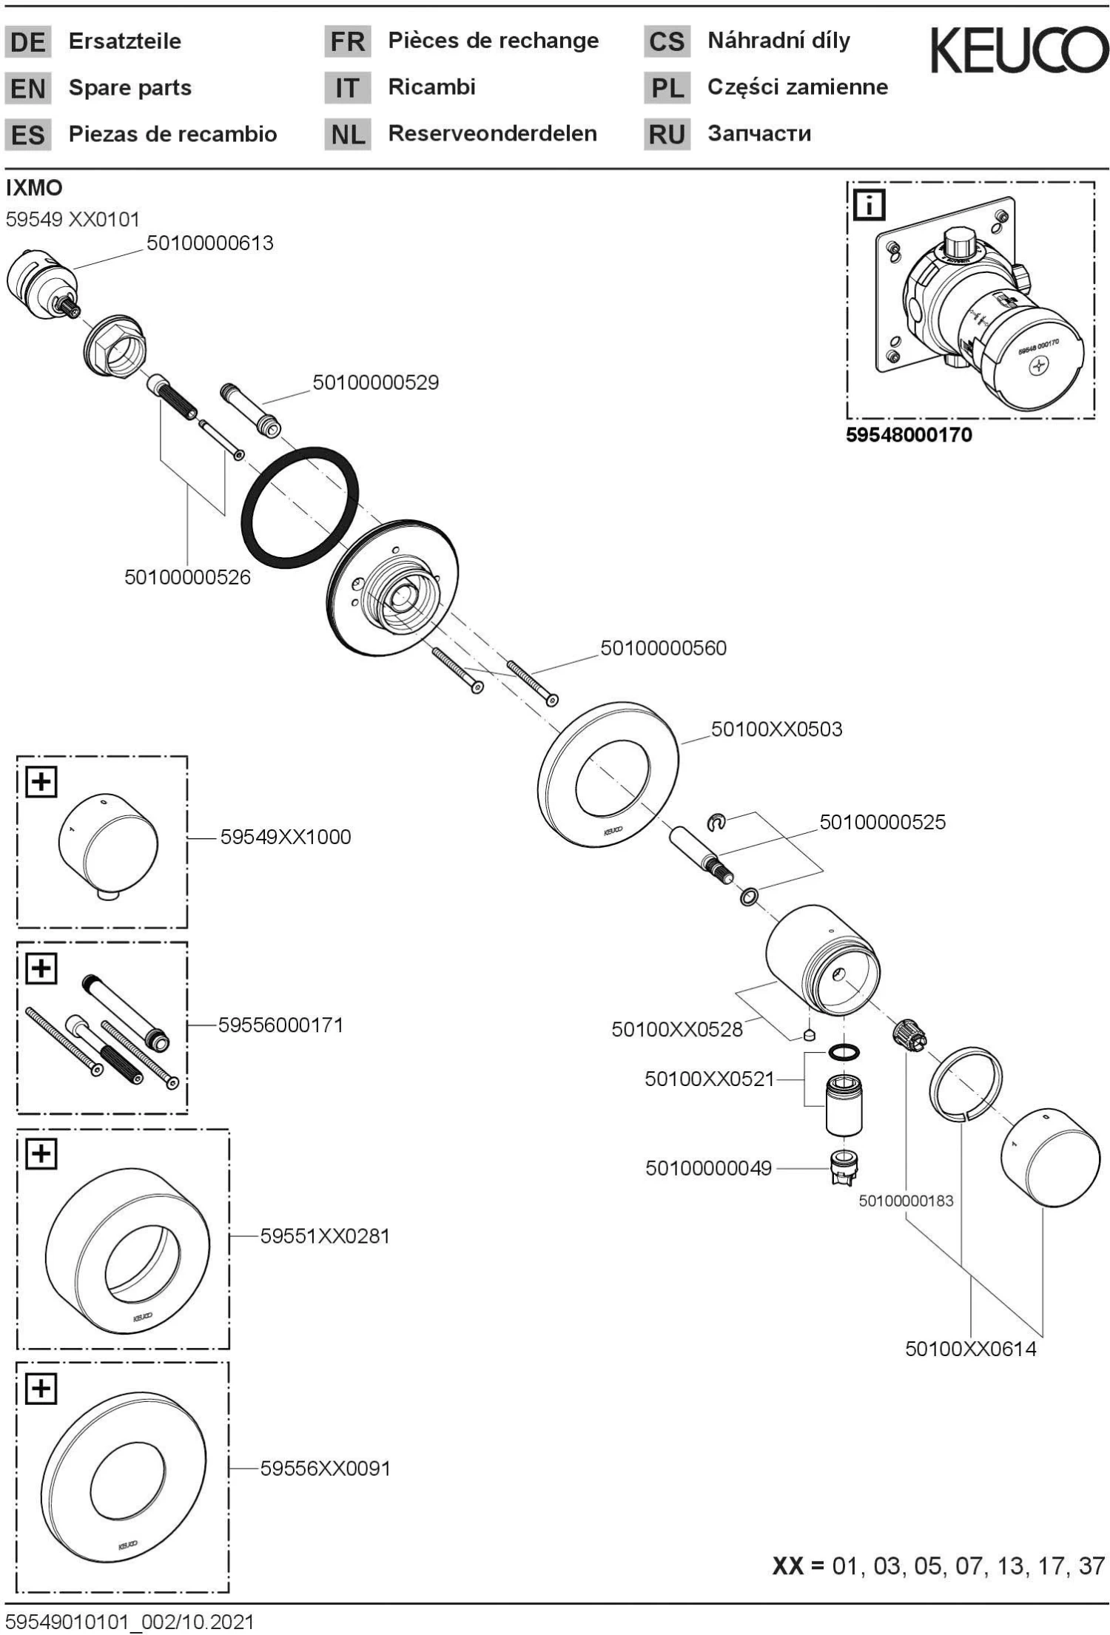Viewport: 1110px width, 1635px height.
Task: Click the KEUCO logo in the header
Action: pos(1019,50)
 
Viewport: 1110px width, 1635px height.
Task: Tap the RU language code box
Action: pos(666,135)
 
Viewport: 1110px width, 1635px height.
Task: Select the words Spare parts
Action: pos(129,88)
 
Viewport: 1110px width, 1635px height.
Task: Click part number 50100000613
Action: pos(209,243)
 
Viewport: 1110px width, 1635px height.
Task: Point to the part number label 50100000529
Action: pos(375,382)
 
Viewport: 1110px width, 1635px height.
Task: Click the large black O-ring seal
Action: pos(299,508)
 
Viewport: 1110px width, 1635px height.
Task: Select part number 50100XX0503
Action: pos(776,729)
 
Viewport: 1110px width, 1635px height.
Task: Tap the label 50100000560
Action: pos(663,648)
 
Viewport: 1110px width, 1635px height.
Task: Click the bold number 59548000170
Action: pos(909,435)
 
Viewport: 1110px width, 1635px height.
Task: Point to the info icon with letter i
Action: pos(869,205)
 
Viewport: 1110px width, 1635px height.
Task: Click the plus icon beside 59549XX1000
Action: pos(41,781)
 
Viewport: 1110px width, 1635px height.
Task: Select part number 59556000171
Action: pos(280,1025)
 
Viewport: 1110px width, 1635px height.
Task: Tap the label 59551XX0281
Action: pos(324,1236)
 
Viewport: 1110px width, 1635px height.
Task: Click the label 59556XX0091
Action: pos(325,1469)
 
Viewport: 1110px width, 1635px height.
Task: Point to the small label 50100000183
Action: pos(906,1201)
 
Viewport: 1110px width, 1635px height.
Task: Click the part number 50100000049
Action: pos(708,1168)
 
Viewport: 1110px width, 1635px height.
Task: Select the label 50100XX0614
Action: pos(970,1349)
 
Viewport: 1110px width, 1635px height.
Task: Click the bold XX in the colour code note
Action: pos(787,1566)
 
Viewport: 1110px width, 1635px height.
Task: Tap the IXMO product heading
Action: pos(34,188)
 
